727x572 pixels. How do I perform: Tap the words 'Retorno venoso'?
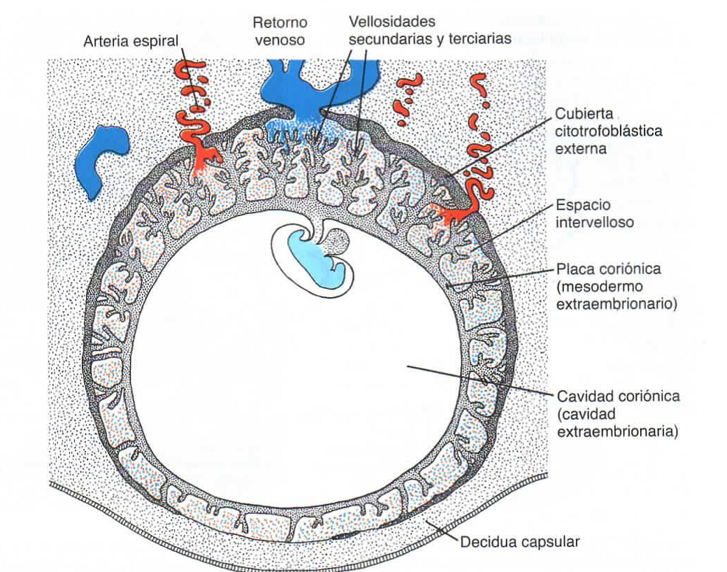pyautogui.click(x=279, y=31)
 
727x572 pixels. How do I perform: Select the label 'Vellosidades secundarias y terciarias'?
pyautogui.click(x=429, y=31)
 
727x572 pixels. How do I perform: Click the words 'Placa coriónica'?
pyautogui.click(x=607, y=269)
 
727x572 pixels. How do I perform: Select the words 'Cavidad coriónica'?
pyautogui.click(x=618, y=396)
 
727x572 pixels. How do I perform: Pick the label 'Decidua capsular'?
pyautogui.click(x=519, y=541)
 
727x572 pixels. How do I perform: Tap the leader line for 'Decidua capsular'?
pyautogui.click(x=443, y=531)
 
